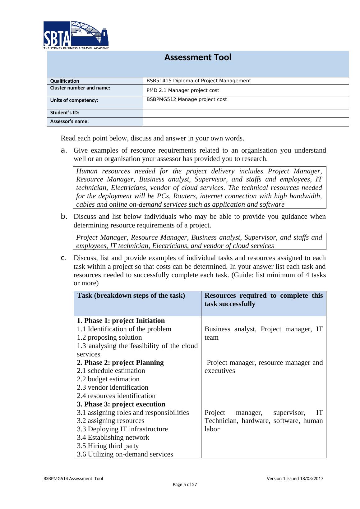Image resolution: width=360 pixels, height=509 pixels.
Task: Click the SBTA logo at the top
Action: pos(76,35)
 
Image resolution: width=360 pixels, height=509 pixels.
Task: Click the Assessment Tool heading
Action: pos(198,57)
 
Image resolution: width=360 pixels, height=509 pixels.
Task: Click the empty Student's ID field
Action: pos(246,113)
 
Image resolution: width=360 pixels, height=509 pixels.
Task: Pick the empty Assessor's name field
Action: pos(246,122)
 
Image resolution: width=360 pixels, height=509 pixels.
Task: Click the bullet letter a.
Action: pos(64,151)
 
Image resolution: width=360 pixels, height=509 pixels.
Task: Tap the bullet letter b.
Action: pos(64,217)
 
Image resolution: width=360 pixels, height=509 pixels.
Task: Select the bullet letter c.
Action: pos(64,258)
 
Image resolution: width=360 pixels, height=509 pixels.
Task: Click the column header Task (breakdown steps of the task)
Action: pos(131,296)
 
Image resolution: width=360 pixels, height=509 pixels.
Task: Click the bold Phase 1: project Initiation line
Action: pos(121,321)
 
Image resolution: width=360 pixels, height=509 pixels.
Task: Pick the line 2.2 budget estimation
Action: pos(108,379)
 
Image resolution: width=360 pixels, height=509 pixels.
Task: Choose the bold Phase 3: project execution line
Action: pos(121,404)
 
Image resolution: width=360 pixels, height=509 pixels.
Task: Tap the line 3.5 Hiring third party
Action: pos(108,446)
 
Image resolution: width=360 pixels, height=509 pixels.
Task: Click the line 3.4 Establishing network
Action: pos(113,438)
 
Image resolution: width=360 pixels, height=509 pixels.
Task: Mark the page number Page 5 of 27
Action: pos(185,484)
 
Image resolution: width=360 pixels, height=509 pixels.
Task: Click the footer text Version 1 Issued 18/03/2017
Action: pos(295,479)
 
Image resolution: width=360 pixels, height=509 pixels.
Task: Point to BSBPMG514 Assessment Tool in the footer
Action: pos(73,479)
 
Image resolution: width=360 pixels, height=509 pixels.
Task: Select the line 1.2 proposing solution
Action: pos(109,337)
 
